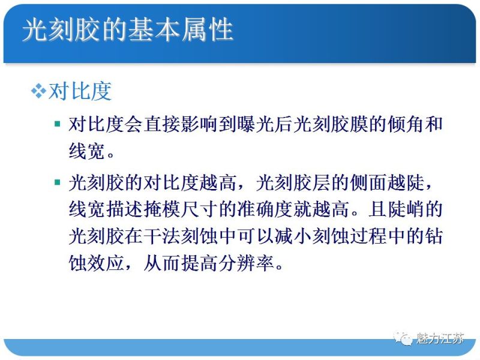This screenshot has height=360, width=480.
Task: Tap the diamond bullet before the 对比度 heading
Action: tap(38, 91)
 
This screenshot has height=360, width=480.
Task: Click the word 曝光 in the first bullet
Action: tap(271, 124)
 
